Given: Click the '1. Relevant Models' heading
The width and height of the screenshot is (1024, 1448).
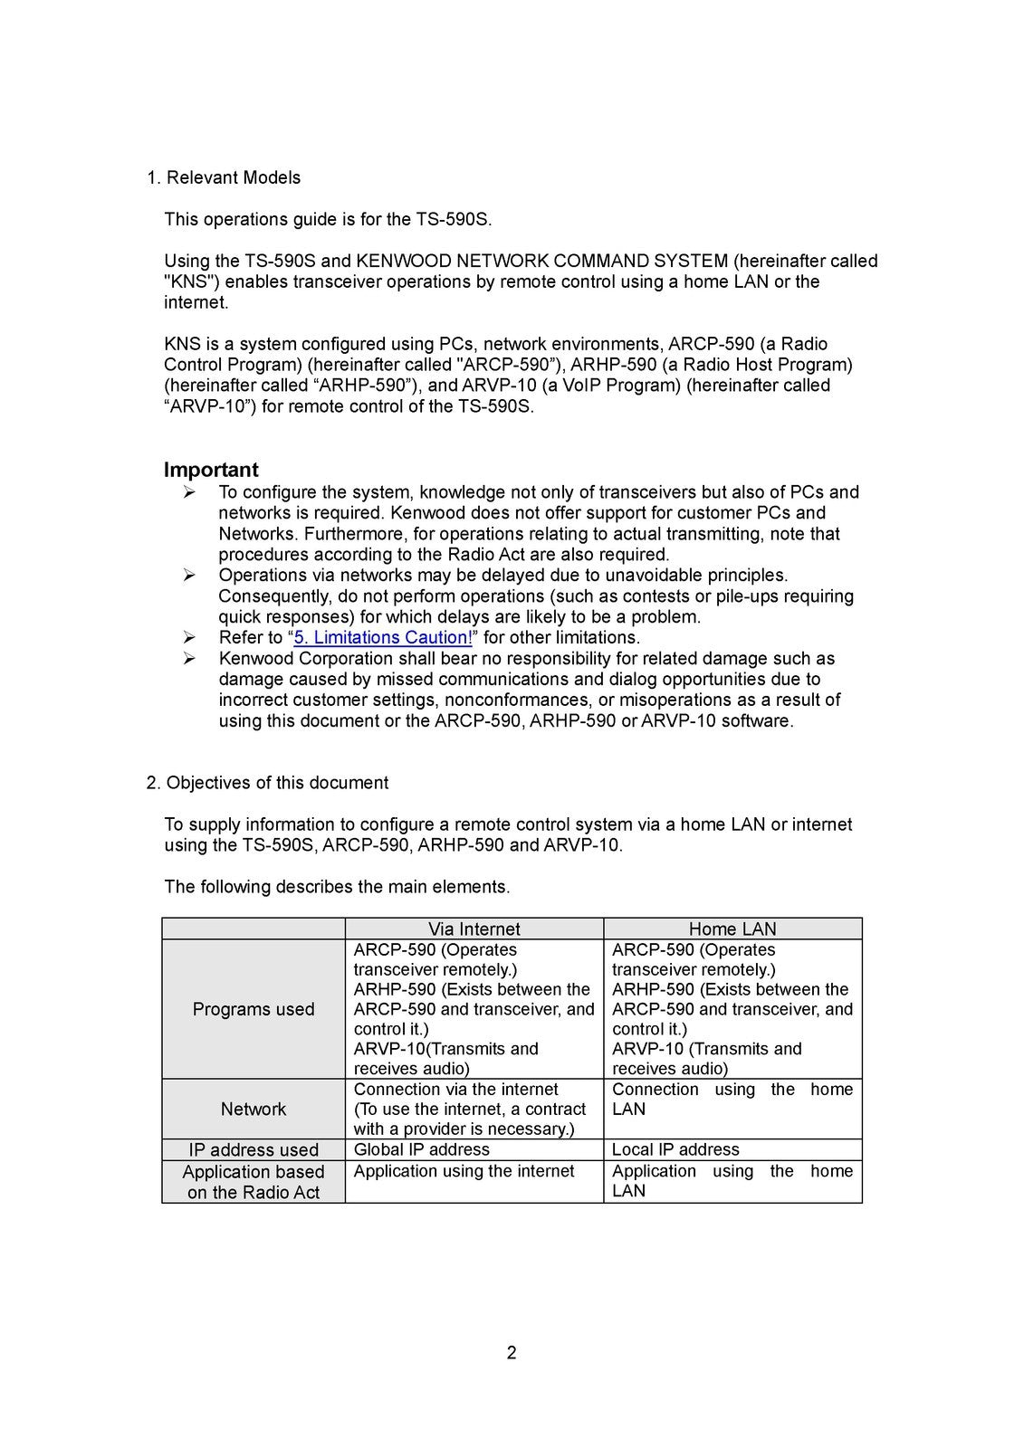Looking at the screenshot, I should click(224, 177).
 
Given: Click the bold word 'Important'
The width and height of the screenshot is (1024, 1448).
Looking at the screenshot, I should click(211, 470).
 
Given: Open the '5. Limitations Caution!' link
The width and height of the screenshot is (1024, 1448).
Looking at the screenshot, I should click(383, 638).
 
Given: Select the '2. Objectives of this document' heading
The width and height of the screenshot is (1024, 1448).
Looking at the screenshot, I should click(267, 783).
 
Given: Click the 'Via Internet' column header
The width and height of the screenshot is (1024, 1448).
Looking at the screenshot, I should click(474, 929).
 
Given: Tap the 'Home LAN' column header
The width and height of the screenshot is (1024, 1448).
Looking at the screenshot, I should click(732, 929).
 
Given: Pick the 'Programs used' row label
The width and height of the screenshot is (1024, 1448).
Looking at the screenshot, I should click(254, 1009).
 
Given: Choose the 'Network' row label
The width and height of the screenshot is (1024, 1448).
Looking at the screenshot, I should click(254, 1109).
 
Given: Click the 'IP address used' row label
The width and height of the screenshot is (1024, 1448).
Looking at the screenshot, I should click(254, 1150).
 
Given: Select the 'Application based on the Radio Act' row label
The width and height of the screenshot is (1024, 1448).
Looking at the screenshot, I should click(254, 1182).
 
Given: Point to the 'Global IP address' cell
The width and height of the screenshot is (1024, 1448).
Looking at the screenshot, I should click(421, 1150).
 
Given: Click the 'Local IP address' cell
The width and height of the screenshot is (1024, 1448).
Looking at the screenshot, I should click(675, 1150).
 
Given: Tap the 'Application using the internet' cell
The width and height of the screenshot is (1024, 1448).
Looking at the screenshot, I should click(464, 1172).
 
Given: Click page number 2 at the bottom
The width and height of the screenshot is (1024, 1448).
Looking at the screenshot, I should click(512, 1353).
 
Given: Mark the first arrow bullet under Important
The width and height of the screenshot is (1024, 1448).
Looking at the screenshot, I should click(189, 492).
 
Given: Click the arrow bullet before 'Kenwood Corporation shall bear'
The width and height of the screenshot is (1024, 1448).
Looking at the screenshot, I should click(189, 659).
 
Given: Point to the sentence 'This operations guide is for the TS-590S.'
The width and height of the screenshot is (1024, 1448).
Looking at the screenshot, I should click(328, 219).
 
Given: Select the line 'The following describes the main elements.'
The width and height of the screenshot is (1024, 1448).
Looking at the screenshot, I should click(337, 887).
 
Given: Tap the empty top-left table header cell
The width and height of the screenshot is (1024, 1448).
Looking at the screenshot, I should click(254, 929).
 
